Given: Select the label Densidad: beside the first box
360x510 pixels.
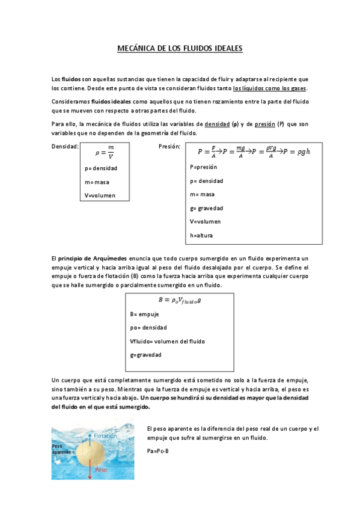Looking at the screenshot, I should pos(65,146).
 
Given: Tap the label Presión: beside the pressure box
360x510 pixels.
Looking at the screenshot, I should pos(169,146).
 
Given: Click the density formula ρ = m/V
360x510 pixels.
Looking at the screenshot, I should pos(106,152).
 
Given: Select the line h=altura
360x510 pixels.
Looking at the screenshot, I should pos(201,235).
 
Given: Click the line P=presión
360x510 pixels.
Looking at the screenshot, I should pos(203,167).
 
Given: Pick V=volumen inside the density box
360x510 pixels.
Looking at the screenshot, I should pos(100,195).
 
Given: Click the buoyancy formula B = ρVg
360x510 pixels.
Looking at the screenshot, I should pos(179,300).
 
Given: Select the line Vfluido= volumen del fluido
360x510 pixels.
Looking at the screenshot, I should pos(167,341).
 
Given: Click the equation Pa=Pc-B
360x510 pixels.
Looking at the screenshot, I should pos(157,450).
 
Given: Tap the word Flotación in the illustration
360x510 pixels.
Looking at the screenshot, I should pos(105,435).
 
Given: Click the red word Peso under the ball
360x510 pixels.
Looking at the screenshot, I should pos(102,469).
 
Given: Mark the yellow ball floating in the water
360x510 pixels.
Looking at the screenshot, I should pos(91,452).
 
